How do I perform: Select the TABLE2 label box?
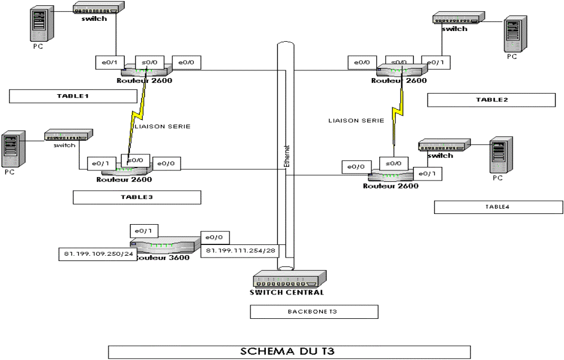coord(491,100)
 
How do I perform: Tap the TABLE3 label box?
coord(137,197)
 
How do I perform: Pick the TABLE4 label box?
coord(498,207)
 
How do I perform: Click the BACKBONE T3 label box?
coord(314,312)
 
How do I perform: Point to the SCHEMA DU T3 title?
coord(289,351)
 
